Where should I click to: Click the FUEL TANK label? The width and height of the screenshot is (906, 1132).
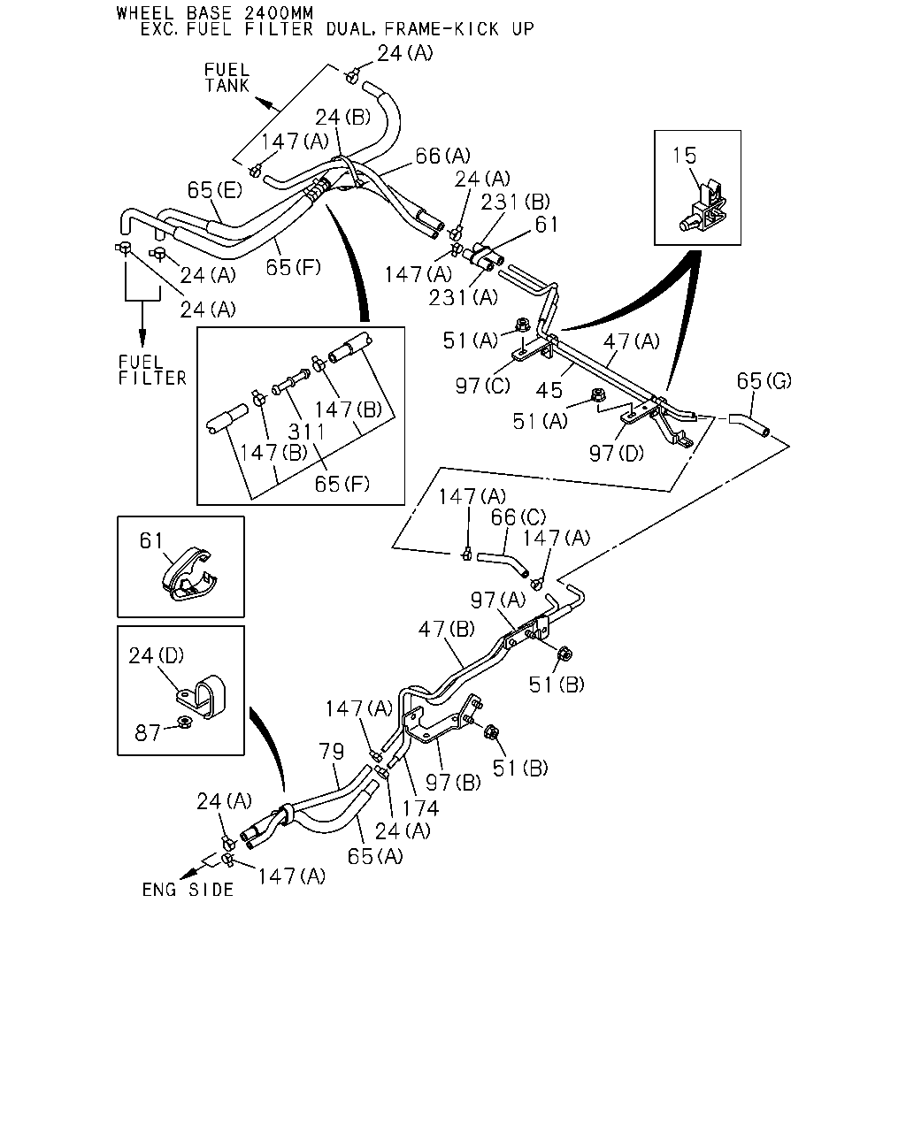coord(226,78)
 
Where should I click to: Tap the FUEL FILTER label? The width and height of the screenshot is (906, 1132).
coord(153,370)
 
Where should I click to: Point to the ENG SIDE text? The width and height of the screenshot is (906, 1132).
coord(188,890)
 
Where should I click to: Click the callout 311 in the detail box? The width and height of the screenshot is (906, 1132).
coord(306,432)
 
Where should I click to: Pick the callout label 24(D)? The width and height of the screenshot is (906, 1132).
coord(157,655)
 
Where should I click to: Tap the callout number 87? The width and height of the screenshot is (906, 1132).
coord(148,733)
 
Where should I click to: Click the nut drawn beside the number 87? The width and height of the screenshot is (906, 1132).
coord(185,723)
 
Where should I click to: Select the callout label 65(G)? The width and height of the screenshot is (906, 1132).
coord(764,380)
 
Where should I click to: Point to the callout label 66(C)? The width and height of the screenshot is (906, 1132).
coord(518,517)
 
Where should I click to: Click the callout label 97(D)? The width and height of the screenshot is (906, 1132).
coord(617,453)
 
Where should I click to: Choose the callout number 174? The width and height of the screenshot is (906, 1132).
coord(420,808)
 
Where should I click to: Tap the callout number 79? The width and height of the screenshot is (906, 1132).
coord(332,751)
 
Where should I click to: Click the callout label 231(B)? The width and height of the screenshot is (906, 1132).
coord(516,202)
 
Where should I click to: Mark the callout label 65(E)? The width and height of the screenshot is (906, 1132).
coord(215,190)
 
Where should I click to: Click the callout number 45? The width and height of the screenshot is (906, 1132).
coord(549,390)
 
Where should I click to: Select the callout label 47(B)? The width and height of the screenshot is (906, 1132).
coord(447,629)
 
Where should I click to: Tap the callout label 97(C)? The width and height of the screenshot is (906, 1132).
coord(483,386)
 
